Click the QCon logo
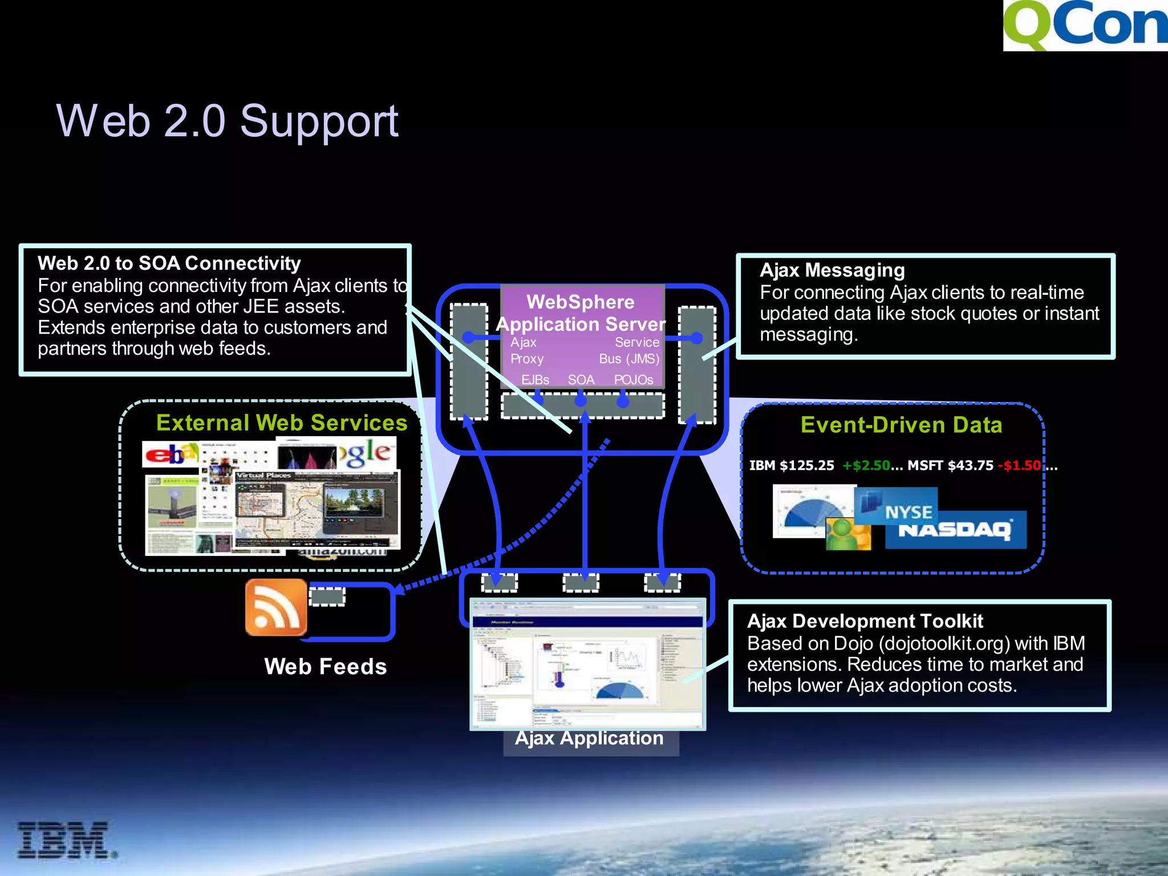1085,26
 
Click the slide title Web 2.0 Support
227,121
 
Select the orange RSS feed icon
276,607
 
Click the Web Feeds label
325,667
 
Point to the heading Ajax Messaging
832,270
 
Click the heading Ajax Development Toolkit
865,621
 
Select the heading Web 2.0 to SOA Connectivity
169,263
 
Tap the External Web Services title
282,423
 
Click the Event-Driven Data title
901,425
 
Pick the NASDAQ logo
955,530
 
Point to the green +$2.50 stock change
866,465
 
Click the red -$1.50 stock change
1019,465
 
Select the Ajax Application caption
589,738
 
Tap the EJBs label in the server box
535,380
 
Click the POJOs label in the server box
633,380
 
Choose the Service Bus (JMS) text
630,351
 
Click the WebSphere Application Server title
581,313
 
